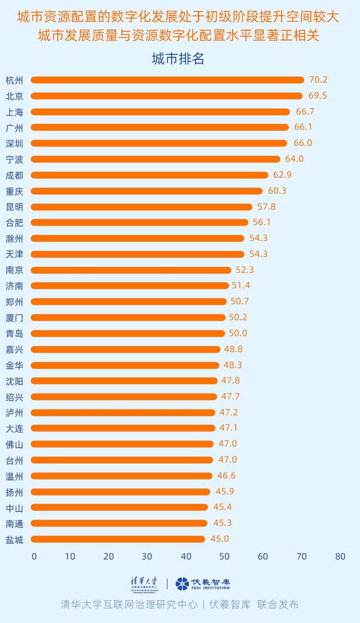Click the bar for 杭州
167,80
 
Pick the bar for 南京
131,270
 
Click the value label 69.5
318,96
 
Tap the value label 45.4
223,507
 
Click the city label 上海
14,112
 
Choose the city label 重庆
14,191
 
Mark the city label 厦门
14,317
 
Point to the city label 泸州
14,412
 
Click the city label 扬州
14,492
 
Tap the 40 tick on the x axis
185,556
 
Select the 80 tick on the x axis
340,556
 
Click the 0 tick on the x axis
34,556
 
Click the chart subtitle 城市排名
178,59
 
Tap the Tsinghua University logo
144,584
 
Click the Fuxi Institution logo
202,584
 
